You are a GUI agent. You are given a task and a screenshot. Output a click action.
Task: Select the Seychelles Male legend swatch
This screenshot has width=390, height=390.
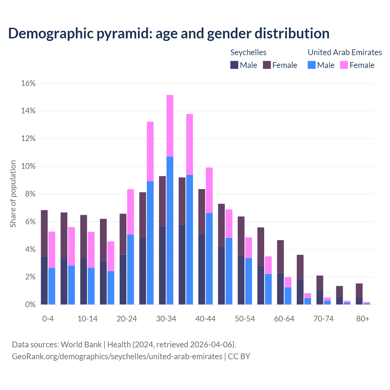[x=234, y=65]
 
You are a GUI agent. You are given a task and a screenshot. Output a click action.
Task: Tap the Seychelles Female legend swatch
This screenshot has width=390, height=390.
[x=267, y=65]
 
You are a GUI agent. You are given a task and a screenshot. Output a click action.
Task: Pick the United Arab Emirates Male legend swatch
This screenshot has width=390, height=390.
[x=311, y=65]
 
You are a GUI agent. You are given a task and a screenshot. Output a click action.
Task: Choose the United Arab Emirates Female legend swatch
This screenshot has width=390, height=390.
[x=344, y=65]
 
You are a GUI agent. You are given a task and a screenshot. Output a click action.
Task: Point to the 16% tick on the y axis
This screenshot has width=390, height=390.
[x=28, y=83]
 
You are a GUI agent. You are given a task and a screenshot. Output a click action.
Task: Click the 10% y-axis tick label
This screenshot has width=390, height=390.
[x=28, y=166]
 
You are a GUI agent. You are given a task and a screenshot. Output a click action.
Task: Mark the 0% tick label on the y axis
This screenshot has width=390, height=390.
[x=30, y=305]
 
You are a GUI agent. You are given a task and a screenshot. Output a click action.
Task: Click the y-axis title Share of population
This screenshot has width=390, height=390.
[x=13, y=194]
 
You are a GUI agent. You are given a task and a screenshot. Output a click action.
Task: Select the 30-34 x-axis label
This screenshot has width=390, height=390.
[x=166, y=319]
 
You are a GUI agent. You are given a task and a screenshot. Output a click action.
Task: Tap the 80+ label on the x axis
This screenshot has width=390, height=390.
[x=363, y=319]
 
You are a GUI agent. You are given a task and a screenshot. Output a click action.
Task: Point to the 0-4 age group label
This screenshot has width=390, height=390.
[x=48, y=319]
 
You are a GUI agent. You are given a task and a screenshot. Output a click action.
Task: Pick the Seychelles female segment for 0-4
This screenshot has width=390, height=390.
[x=44, y=233]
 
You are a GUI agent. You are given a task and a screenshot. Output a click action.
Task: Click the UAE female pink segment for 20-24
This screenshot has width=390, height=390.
[x=130, y=212]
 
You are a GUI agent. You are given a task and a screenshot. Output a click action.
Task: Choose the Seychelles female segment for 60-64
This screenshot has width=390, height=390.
[x=280, y=256]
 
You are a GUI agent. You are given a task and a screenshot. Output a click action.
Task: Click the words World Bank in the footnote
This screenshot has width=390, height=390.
[x=81, y=345]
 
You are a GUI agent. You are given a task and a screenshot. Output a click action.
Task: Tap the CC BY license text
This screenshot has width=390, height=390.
[x=239, y=356]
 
